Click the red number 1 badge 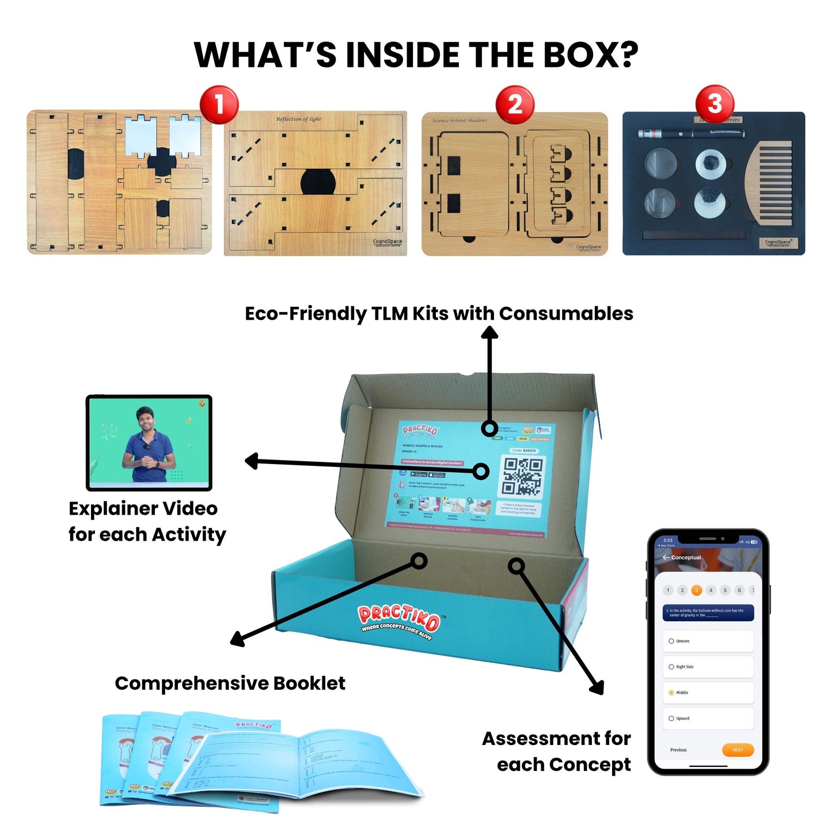click(x=219, y=105)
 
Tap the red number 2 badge click(x=515, y=105)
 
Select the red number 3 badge click(x=715, y=104)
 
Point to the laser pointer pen click(x=690, y=134)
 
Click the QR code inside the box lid click(x=522, y=476)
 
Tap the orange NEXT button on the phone click(x=738, y=750)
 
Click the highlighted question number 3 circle click(x=697, y=590)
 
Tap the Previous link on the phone click(x=678, y=750)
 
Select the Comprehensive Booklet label click(x=230, y=683)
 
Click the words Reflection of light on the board click(x=298, y=119)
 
